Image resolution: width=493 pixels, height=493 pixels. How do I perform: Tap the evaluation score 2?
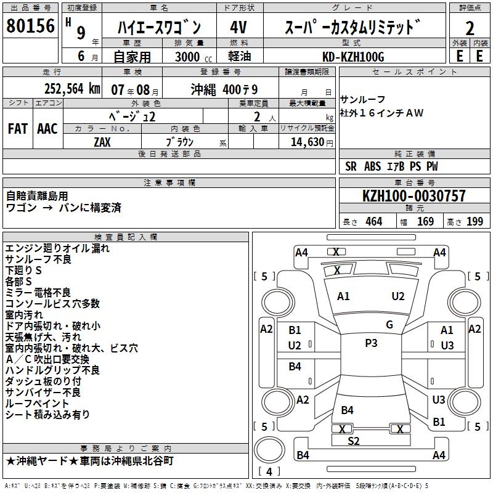point(470,28)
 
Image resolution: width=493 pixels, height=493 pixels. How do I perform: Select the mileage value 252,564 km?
point(72,88)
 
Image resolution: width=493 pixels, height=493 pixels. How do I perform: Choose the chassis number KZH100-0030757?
point(414,196)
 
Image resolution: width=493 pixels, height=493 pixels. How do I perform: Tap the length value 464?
point(373,222)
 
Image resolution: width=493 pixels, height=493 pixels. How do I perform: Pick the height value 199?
point(475,222)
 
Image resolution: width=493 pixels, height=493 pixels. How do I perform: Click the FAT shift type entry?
point(18,128)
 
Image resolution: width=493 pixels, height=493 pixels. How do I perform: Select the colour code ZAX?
point(102,142)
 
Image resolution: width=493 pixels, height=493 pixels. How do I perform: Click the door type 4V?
point(240,28)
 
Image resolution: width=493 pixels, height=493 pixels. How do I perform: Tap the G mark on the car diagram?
point(389,324)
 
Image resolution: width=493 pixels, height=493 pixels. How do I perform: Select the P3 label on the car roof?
point(371,343)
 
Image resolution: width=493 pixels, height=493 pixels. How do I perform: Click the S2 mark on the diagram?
point(354,441)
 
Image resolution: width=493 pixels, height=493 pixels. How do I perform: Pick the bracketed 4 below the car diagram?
point(269,472)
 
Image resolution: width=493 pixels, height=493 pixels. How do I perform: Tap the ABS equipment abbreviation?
point(372,166)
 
